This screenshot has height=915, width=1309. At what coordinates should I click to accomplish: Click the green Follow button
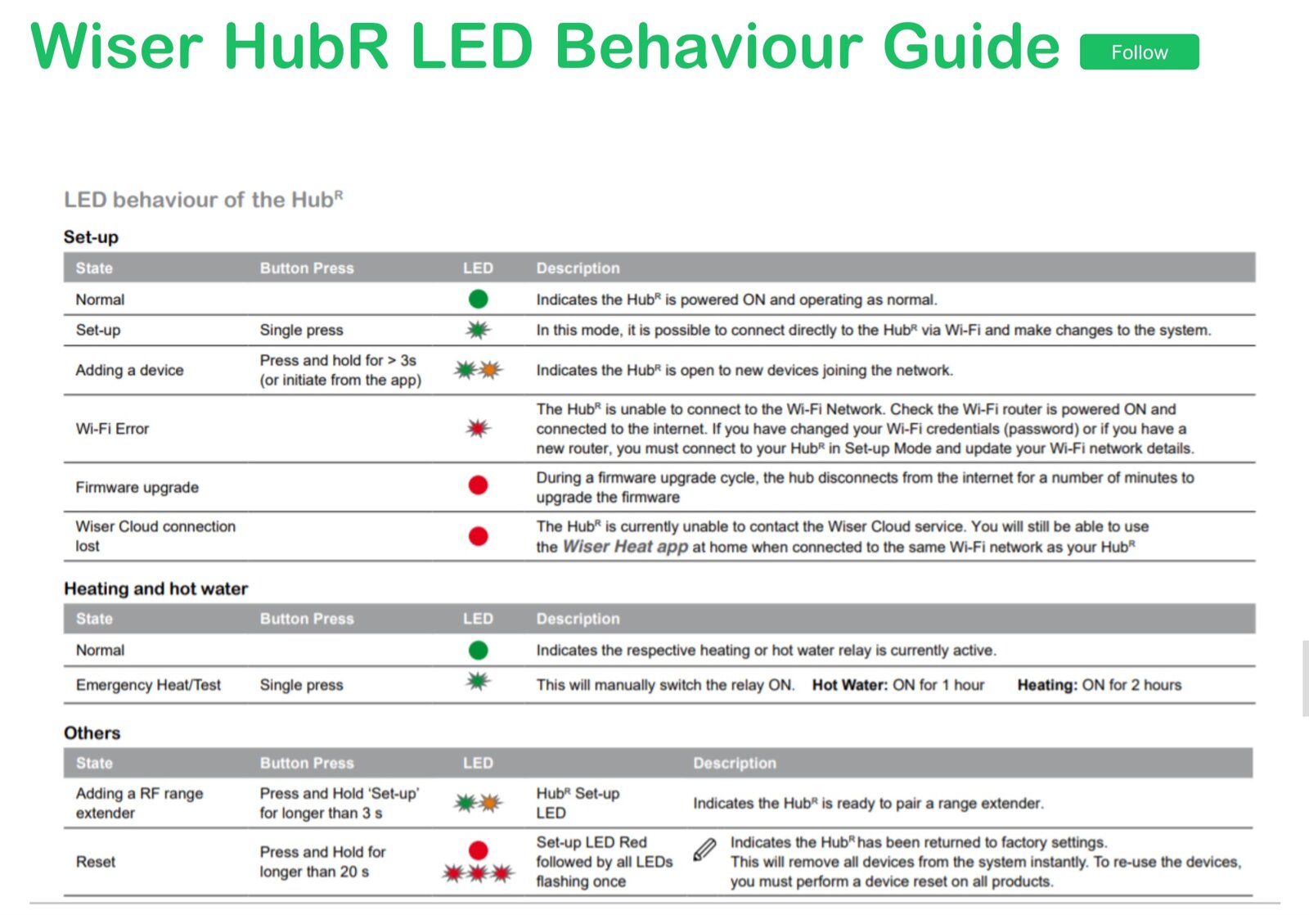point(1139,52)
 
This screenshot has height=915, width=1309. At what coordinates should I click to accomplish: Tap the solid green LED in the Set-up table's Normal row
point(479,300)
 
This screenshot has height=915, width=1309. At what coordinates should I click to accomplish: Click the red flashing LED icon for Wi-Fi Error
point(479,428)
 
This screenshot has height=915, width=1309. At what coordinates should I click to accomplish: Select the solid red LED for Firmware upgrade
point(479,486)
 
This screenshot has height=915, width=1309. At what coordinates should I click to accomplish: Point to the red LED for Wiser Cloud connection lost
point(479,536)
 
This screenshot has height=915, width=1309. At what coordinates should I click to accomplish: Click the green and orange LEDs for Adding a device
point(479,370)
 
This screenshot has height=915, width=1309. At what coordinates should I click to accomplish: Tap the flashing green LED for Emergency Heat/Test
point(479,681)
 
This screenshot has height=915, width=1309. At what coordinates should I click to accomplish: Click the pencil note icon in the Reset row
point(704,850)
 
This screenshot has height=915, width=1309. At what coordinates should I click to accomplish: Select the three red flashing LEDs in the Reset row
point(479,874)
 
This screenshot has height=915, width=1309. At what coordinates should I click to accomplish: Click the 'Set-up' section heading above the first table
point(91,237)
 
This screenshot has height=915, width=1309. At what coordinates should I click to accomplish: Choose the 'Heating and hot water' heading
point(155,588)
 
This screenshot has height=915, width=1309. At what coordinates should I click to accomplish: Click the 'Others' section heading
point(92,732)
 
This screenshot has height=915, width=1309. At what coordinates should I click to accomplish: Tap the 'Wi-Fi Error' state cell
point(112,429)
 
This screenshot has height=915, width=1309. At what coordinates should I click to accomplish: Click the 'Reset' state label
point(96,862)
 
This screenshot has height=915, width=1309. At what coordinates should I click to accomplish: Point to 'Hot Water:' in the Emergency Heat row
point(849,685)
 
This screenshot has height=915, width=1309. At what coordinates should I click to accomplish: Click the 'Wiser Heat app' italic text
point(625,547)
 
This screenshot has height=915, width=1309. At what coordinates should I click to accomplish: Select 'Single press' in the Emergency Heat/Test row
point(301,685)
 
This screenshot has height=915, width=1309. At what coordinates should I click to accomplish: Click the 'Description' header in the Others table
point(734,763)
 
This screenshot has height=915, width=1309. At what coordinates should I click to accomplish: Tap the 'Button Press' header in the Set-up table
point(307,268)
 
